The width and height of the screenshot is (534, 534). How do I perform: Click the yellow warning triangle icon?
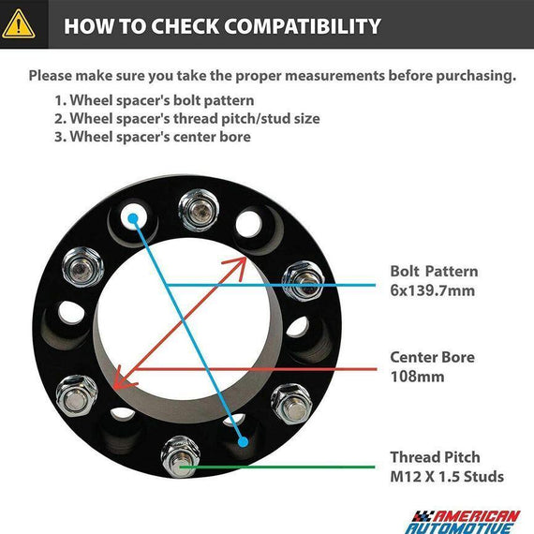[x=19, y=23]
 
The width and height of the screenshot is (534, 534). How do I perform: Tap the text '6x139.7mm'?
[x=433, y=290]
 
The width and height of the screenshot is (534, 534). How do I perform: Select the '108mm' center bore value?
[x=417, y=377]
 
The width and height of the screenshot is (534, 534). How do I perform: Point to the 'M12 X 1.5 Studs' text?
[x=447, y=476]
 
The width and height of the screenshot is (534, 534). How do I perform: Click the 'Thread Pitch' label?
[x=435, y=457]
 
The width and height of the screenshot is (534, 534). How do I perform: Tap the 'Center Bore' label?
[x=432, y=357]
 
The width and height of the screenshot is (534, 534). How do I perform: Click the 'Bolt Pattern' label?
[x=434, y=272]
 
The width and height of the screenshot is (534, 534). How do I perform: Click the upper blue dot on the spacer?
[x=133, y=218]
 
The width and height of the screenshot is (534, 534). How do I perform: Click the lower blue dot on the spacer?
[x=244, y=442]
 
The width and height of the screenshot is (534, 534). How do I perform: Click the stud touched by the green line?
[x=180, y=456]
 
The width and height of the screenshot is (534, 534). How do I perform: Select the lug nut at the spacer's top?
[x=199, y=210]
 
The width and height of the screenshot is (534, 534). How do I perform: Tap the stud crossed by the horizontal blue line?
[x=304, y=281]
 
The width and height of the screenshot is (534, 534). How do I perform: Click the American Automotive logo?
[x=463, y=521]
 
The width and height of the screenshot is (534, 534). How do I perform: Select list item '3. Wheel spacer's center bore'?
[x=153, y=137]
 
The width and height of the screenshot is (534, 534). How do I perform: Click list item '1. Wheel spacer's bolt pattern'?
[x=155, y=100]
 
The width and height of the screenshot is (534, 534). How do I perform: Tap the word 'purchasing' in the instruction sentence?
[x=476, y=76]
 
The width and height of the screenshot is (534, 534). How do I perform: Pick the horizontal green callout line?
[x=277, y=467]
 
